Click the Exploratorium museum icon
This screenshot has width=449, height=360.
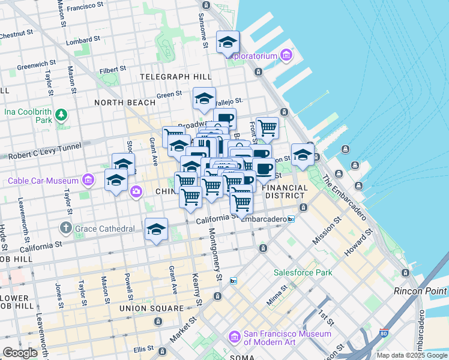point(286,56)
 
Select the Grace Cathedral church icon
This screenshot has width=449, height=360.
point(66,229)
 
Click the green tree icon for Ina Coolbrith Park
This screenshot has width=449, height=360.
point(61,114)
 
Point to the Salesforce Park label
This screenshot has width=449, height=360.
point(303,272)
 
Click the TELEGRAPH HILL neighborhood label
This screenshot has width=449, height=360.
point(175,77)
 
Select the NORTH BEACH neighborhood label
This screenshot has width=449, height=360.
point(125,103)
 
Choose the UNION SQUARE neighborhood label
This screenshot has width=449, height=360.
point(151,308)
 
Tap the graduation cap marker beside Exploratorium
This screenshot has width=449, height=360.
point(228,42)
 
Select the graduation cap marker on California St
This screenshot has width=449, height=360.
point(156,229)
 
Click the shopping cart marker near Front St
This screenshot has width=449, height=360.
point(267,127)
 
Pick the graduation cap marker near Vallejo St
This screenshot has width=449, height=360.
point(204,98)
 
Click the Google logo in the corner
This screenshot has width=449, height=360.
point(20,353)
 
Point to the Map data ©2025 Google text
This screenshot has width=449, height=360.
point(412,355)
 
